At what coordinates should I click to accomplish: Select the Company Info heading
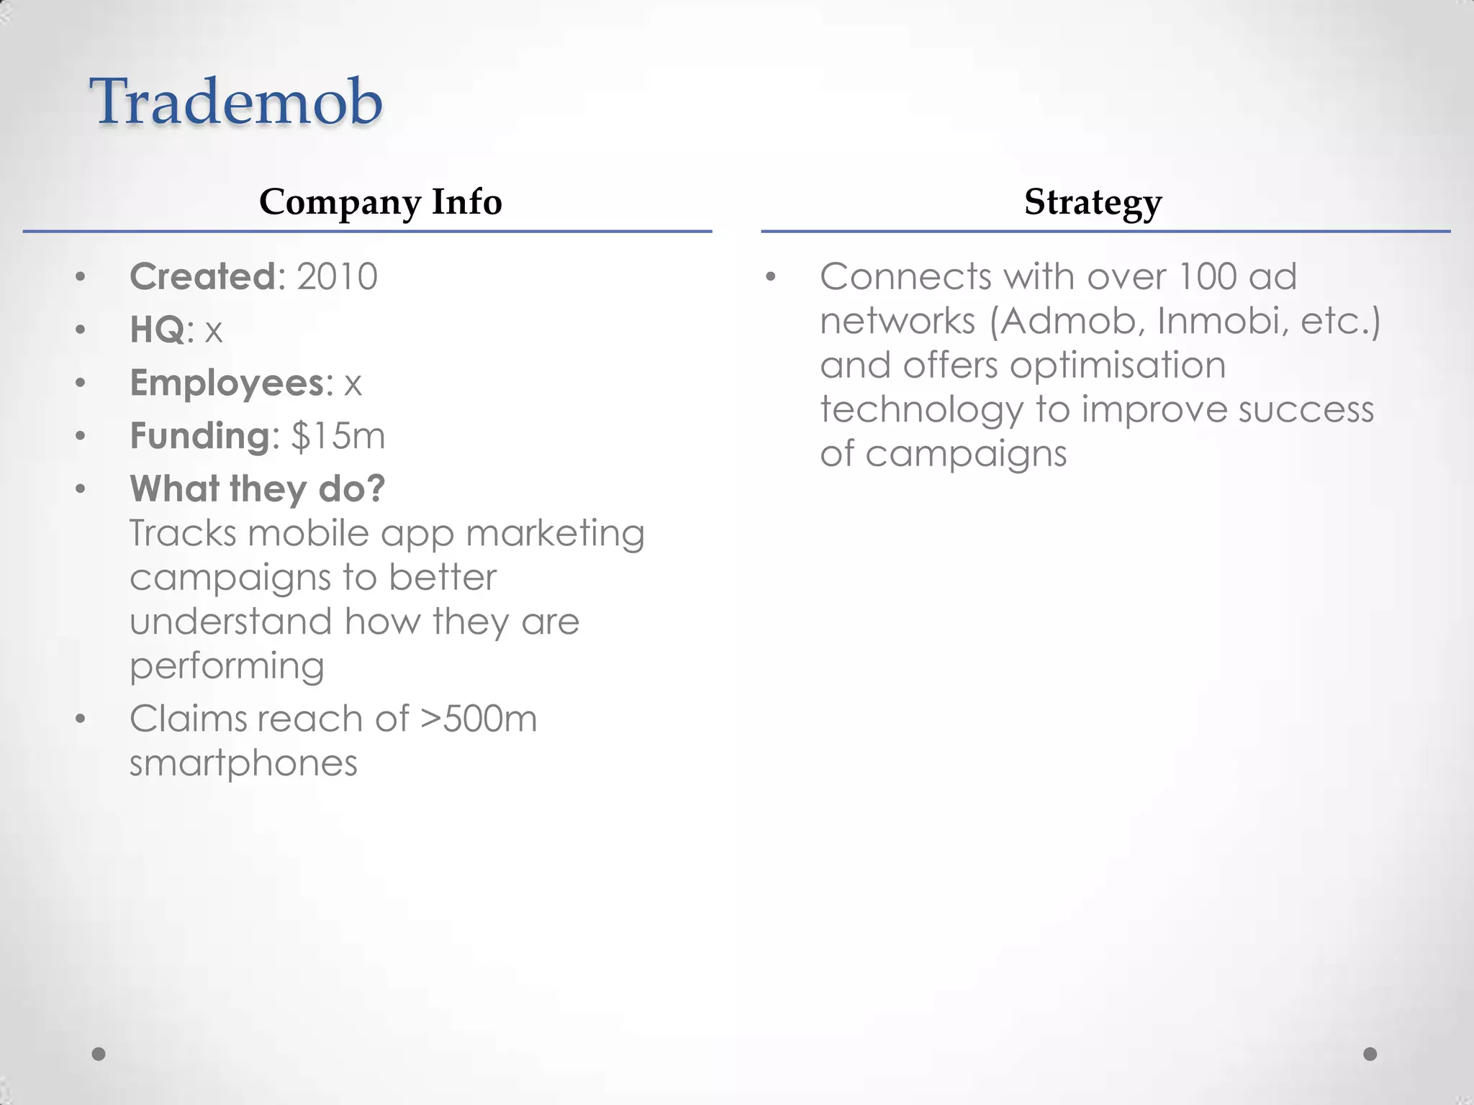(380, 202)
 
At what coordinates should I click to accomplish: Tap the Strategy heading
(1093, 202)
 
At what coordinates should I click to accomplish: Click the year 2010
(337, 277)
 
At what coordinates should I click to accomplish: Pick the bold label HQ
(158, 330)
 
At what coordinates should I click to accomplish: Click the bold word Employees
(227, 383)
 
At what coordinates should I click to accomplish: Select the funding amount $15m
(338, 436)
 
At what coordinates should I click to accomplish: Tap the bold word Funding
(200, 437)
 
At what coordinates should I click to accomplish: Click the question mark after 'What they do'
(375, 489)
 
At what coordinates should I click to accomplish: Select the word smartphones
(243, 763)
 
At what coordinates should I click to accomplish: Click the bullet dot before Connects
(771, 278)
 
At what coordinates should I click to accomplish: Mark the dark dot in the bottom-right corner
(1370, 1054)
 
